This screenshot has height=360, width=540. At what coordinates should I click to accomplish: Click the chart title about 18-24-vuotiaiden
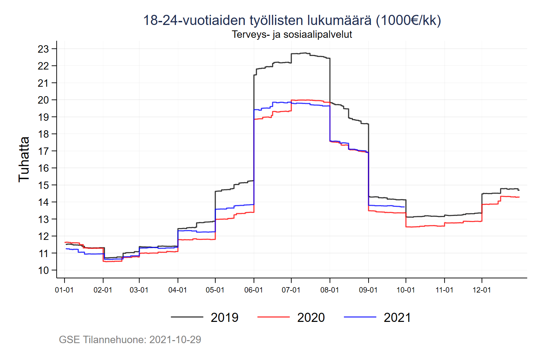click(292, 20)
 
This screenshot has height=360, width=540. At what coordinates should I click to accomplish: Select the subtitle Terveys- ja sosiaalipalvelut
click(292, 34)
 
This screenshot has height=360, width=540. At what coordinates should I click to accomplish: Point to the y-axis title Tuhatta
click(24, 159)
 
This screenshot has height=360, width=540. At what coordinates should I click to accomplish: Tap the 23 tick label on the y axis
click(43, 49)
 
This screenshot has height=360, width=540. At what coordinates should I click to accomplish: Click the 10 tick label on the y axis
click(43, 270)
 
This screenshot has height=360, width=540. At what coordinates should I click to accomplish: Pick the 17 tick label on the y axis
click(43, 151)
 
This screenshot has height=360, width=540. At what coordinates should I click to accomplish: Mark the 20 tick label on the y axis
click(43, 100)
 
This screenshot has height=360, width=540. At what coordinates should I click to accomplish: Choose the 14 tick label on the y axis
click(43, 202)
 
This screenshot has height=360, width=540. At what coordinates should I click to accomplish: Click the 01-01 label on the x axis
click(64, 290)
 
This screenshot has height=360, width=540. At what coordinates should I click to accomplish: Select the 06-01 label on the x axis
click(253, 290)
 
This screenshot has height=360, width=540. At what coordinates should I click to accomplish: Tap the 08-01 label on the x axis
click(329, 290)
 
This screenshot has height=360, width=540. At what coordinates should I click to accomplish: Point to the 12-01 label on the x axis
click(482, 290)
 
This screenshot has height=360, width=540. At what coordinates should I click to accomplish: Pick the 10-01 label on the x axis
click(406, 290)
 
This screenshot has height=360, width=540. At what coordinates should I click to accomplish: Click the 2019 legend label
click(224, 317)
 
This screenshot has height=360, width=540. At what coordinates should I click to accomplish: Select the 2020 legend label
click(311, 317)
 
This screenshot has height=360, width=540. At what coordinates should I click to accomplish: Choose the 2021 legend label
click(397, 317)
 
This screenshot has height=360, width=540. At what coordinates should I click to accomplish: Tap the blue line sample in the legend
click(360, 317)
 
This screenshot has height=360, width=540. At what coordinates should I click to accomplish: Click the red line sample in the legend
click(273, 317)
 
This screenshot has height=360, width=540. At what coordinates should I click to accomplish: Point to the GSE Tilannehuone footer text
click(130, 339)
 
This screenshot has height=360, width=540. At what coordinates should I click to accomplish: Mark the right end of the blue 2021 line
click(404, 207)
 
